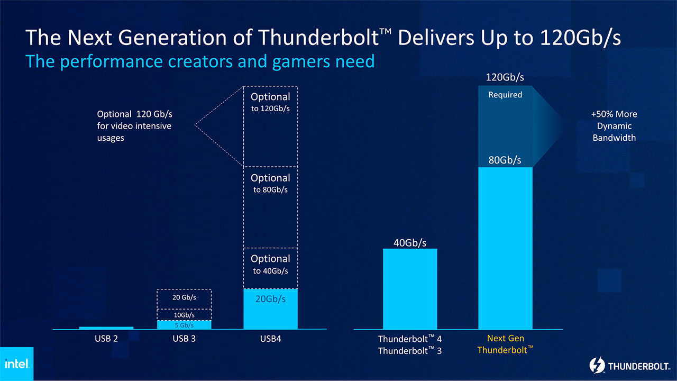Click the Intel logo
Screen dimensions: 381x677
16,364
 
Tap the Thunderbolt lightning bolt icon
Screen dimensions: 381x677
597,366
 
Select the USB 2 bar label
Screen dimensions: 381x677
106,339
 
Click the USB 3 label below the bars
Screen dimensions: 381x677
184,339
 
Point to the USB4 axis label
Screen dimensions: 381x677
270,339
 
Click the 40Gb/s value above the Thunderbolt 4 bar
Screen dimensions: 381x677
410,243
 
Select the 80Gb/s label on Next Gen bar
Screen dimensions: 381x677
505,160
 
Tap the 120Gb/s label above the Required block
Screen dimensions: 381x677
505,78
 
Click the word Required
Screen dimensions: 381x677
505,95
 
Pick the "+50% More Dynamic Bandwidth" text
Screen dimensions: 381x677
614,126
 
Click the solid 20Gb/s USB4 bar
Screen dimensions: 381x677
270,309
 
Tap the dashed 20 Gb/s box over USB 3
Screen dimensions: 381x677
184,298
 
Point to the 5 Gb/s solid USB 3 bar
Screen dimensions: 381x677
184,325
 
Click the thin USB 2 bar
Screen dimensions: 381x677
106,328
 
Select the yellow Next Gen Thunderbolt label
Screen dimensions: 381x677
505,344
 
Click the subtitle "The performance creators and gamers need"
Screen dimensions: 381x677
200,61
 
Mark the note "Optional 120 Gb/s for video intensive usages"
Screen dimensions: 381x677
134,126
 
